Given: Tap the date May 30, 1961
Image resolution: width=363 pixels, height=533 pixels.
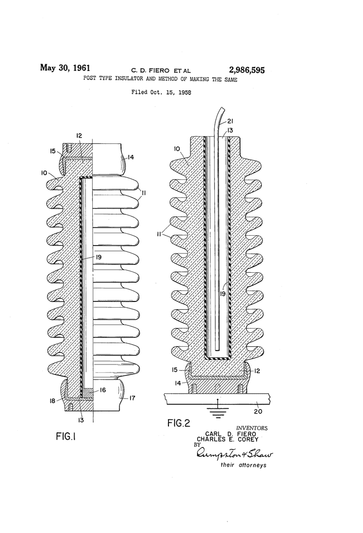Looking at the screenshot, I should [x=65, y=68].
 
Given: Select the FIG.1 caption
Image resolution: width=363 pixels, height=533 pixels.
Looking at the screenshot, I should [x=66, y=437].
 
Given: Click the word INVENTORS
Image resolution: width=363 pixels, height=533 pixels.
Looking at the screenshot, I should [x=252, y=428].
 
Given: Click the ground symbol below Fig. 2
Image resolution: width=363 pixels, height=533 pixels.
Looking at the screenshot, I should [x=217, y=413].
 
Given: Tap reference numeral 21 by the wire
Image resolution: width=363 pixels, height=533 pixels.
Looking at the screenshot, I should [x=230, y=123].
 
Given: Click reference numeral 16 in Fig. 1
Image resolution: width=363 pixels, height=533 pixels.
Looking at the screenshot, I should [x=103, y=390].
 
